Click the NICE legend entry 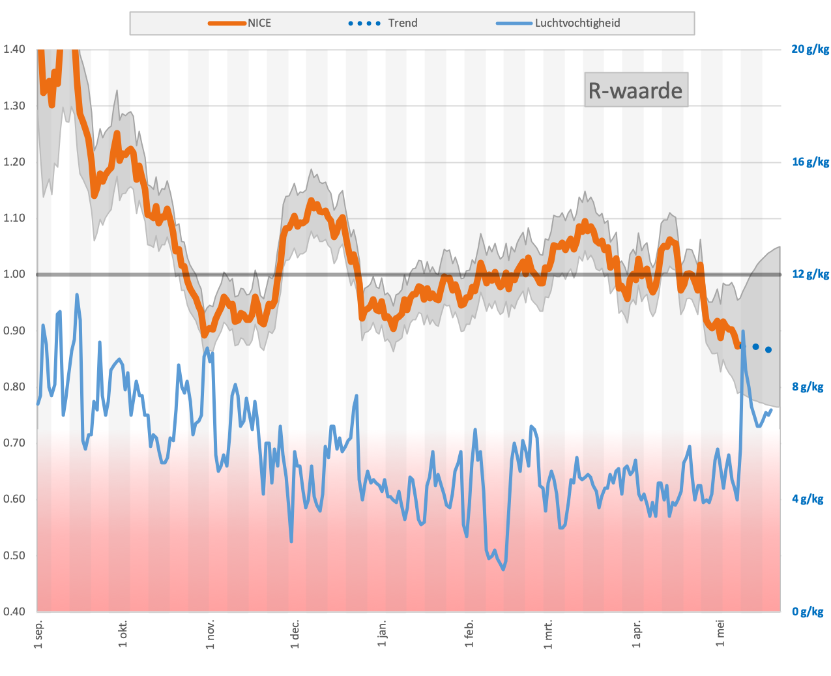click(259, 23)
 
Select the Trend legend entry click(402, 23)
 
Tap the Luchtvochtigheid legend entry click(577, 23)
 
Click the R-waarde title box click(635, 90)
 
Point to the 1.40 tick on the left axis click(14, 49)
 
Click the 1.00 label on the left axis click(14, 274)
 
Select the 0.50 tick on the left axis click(14, 555)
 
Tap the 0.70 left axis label click(14, 443)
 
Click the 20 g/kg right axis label click(810, 49)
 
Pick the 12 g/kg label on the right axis click(810, 274)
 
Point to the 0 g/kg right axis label click(808, 611)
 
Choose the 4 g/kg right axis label click(808, 499)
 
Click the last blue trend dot click(768, 350)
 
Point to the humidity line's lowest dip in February click(503, 569)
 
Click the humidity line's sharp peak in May click(743, 332)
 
